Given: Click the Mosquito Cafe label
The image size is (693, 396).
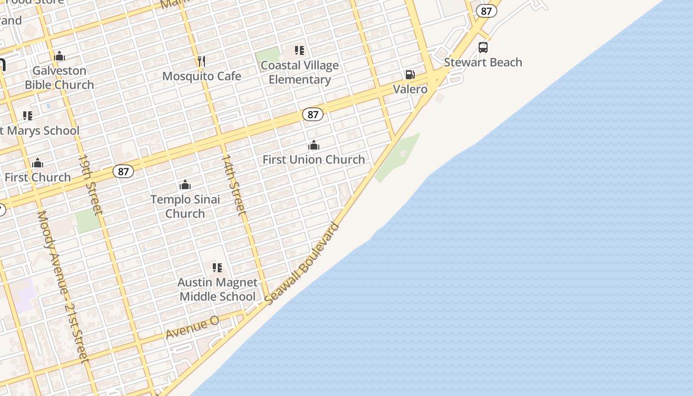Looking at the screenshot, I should [201, 76].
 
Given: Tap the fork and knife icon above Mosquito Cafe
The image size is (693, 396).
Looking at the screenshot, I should [201, 61].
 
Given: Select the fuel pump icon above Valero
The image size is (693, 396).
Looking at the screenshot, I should [410, 75].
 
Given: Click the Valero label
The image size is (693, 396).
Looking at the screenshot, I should [410, 90].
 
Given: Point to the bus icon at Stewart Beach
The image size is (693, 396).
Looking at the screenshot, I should [483, 48].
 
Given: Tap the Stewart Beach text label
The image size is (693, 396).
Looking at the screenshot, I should [483, 62].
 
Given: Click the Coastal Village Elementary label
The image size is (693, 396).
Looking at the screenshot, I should [299, 72].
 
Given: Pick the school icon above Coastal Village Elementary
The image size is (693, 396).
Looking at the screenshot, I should [299, 50].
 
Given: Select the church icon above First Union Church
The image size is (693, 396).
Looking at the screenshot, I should [313, 145].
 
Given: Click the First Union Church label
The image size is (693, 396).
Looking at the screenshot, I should [313, 159].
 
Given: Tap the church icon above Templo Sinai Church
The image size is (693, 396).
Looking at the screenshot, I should [185, 185].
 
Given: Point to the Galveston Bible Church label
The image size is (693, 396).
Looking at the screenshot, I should [59, 78].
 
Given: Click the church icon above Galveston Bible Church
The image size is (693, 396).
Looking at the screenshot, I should [59, 56].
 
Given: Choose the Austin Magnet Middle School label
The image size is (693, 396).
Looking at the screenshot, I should [217, 290].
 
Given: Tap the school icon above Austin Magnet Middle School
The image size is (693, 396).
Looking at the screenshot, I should [217, 268].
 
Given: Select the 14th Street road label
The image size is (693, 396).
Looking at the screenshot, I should [233, 185].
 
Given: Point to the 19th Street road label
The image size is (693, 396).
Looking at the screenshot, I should [91, 185].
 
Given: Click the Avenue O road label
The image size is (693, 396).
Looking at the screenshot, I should [192, 328].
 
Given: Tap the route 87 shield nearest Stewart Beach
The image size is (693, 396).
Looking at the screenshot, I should [487, 11].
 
